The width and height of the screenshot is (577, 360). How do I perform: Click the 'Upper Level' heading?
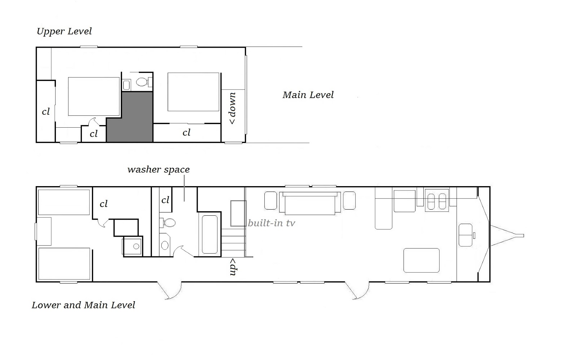64,31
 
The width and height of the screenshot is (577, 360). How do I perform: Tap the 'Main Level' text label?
308,95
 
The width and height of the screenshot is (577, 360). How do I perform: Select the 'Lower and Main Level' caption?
83,305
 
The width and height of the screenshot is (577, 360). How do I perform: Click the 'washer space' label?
158,170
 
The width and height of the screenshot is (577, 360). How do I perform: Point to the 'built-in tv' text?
271,223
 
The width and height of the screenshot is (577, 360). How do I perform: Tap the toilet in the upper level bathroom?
142,82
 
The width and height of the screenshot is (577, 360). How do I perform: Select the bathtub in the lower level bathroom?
210,234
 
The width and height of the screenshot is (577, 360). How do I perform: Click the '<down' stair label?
233,108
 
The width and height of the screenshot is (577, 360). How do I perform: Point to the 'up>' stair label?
233,267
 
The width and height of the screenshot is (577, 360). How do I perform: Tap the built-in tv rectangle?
238,214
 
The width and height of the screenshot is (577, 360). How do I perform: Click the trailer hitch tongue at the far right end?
507,236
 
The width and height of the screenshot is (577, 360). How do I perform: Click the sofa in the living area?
310,203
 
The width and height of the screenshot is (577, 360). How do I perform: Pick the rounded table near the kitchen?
422,260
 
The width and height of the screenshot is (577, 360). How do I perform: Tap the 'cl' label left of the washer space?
166,200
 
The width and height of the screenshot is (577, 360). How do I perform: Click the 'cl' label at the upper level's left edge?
46,111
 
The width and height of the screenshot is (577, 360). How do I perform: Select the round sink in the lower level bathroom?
164,245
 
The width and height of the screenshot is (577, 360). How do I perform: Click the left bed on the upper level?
94,96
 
